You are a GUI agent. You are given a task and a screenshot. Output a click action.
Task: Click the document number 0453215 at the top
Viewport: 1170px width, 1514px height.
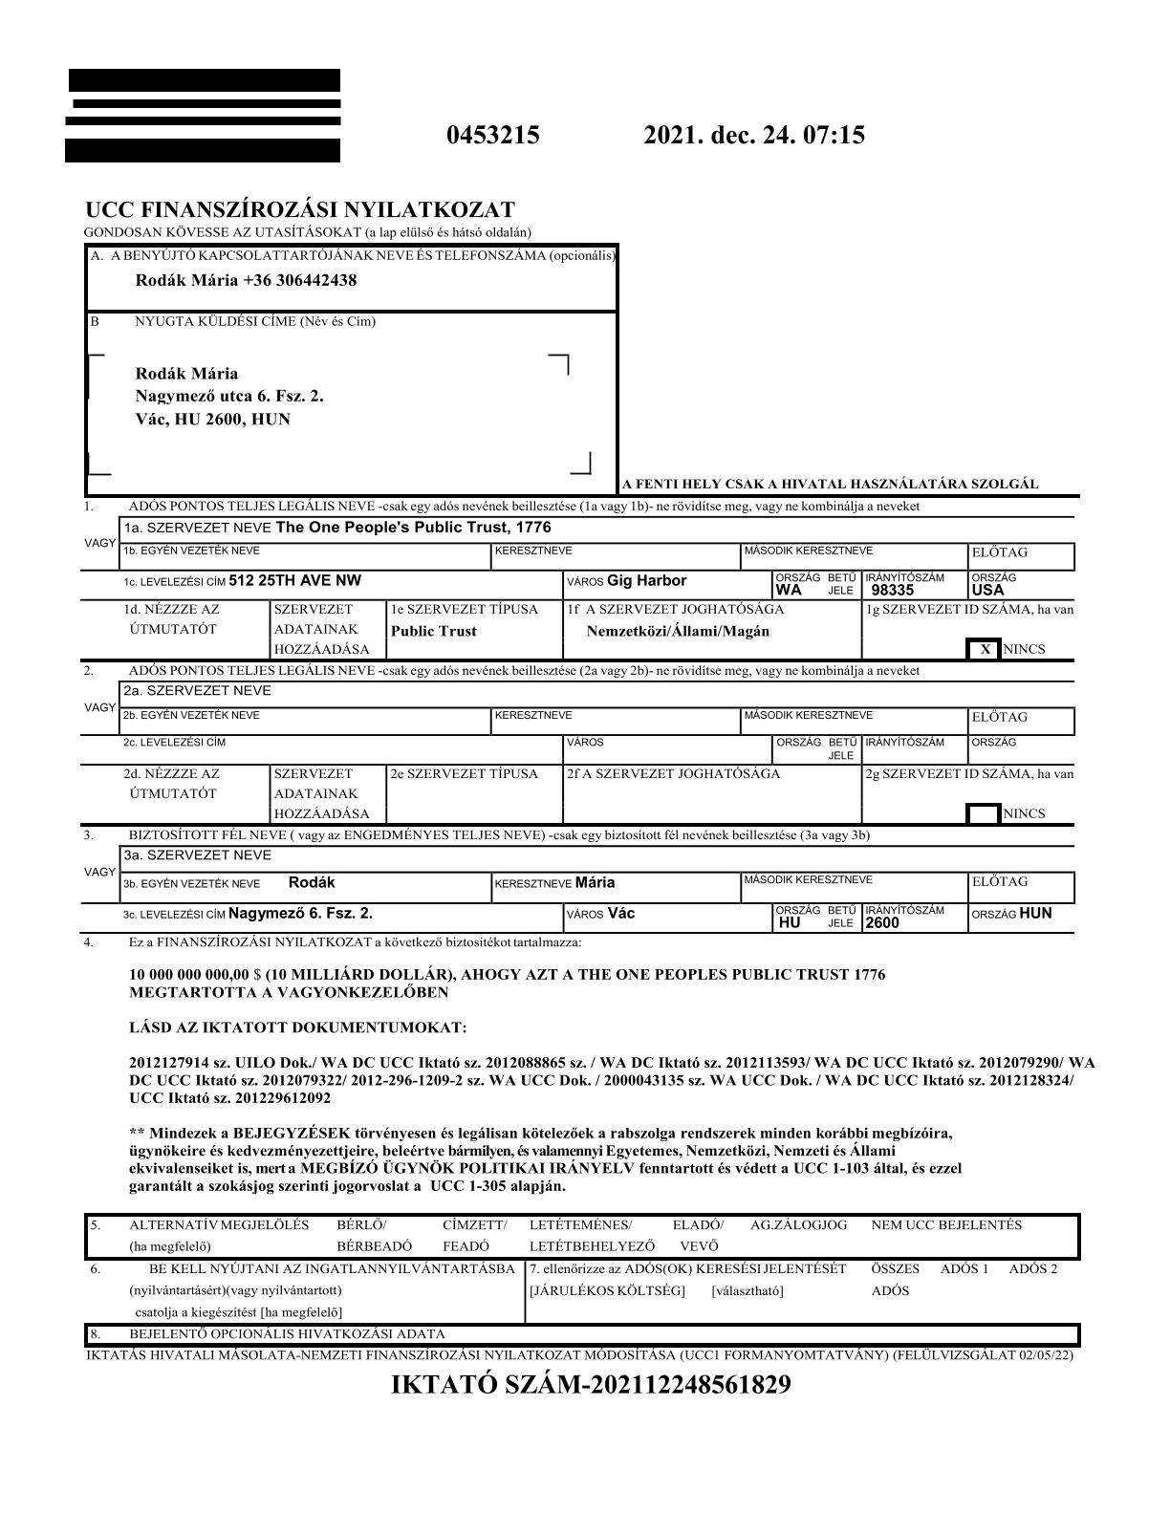(492, 135)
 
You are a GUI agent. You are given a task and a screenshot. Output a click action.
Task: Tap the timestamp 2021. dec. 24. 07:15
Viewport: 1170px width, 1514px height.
(754, 135)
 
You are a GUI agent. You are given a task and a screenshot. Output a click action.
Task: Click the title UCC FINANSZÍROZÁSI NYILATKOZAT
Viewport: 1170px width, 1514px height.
(300, 210)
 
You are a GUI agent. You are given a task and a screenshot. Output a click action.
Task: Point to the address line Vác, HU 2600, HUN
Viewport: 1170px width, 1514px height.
(213, 419)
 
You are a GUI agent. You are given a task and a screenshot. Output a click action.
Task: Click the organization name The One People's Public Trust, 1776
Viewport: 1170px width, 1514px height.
(413, 528)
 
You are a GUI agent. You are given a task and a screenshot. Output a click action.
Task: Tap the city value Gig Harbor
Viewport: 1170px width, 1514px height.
(646, 580)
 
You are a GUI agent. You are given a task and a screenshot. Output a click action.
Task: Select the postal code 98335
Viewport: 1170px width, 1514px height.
(893, 591)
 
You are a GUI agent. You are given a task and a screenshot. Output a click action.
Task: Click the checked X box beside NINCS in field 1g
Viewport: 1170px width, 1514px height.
(985, 650)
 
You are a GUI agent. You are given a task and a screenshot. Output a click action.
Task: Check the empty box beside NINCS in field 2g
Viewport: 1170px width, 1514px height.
(984, 814)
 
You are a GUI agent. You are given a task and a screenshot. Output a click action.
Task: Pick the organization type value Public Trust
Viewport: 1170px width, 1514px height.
(434, 631)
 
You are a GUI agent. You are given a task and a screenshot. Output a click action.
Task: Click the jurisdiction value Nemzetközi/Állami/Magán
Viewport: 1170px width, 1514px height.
(678, 631)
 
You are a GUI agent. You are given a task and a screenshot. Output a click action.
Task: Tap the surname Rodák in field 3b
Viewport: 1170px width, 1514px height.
(312, 882)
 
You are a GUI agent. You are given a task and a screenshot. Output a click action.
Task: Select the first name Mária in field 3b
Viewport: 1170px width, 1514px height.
(595, 882)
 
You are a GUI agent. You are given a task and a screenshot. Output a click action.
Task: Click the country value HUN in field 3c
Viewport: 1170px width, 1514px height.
(1035, 913)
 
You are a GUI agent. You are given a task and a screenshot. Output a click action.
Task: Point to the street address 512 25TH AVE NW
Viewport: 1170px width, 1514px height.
(295, 580)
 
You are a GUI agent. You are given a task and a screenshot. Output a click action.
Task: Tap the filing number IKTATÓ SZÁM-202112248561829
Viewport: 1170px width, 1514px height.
(591, 1385)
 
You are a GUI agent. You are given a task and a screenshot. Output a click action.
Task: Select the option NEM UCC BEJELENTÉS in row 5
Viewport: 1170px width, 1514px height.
(946, 1224)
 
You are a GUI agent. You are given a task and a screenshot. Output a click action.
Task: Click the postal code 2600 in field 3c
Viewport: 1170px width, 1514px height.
(882, 923)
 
